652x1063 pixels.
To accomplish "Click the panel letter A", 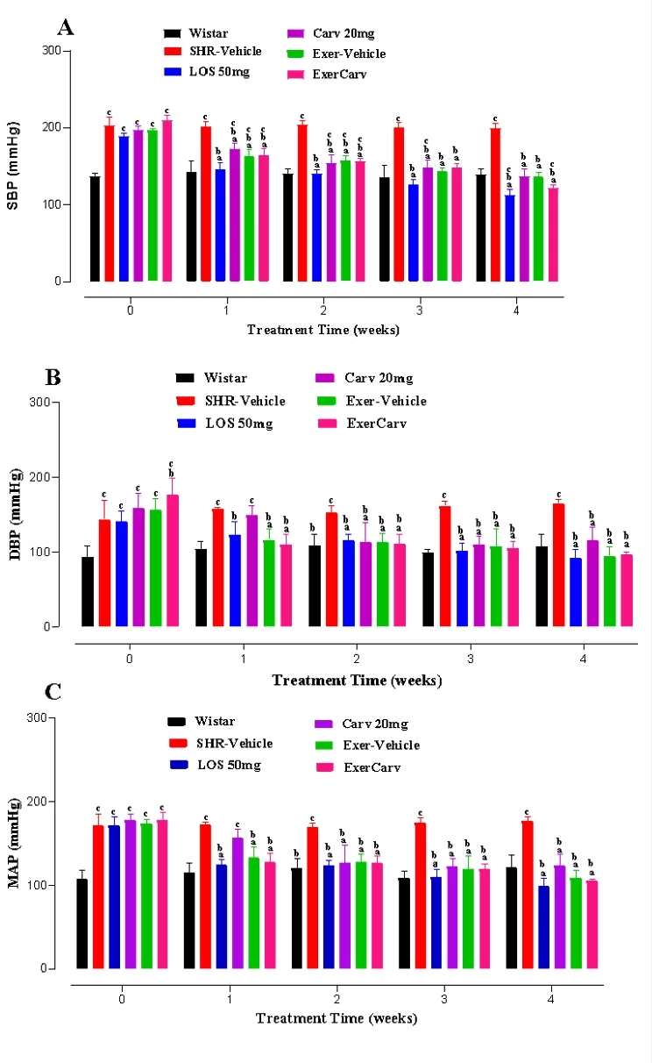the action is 66,28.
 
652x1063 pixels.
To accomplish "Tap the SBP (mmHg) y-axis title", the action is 13,166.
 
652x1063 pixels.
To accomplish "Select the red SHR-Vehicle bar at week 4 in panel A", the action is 495,204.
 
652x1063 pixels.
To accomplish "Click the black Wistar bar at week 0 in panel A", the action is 95,229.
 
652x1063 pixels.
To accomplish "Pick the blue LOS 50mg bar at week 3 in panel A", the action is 413,232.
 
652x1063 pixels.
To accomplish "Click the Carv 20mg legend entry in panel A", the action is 330,33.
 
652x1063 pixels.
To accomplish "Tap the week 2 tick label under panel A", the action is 323,310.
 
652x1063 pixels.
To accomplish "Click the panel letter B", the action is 53,378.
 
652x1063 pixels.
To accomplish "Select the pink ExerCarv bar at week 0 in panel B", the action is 173,560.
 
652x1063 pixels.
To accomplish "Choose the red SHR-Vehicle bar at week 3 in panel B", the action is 445,566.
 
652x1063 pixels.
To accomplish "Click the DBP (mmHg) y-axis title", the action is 16,515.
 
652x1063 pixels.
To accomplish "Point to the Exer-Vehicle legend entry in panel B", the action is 372,401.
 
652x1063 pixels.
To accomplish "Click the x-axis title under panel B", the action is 357,680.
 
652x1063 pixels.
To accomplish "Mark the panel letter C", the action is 53,692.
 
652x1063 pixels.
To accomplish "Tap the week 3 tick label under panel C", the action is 443,999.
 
